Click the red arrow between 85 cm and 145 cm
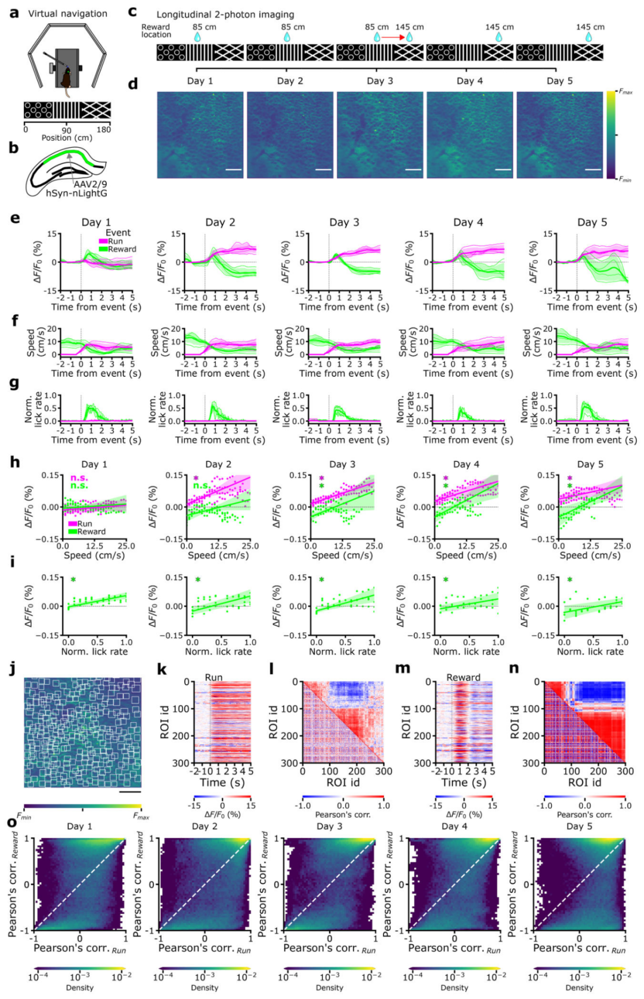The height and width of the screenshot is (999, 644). (392, 37)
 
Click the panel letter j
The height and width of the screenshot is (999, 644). (13, 669)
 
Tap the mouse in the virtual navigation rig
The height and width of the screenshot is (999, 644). (66, 78)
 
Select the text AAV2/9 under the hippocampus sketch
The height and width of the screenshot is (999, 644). (90, 184)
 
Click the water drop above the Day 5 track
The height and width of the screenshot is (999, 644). (589, 37)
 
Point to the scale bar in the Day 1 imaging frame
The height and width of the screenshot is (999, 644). (234, 170)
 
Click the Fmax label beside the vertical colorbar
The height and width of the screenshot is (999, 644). (626, 92)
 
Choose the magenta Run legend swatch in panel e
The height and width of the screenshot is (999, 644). (103, 241)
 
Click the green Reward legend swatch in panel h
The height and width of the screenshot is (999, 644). (72, 532)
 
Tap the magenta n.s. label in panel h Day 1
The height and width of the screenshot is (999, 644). (79, 478)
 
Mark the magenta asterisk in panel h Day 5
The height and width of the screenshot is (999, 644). (569, 479)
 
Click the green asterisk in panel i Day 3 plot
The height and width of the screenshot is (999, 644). (321, 580)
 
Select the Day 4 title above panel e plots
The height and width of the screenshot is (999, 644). (468, 222)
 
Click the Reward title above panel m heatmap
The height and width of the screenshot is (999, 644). (463, 678)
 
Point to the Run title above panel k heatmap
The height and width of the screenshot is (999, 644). (213, 678)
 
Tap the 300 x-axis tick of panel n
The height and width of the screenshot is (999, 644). (625, 771)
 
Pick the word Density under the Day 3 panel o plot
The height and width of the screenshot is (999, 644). (329, 988)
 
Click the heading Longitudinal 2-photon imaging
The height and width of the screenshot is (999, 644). (225, 14)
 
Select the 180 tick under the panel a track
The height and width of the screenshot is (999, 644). (104, 129)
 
